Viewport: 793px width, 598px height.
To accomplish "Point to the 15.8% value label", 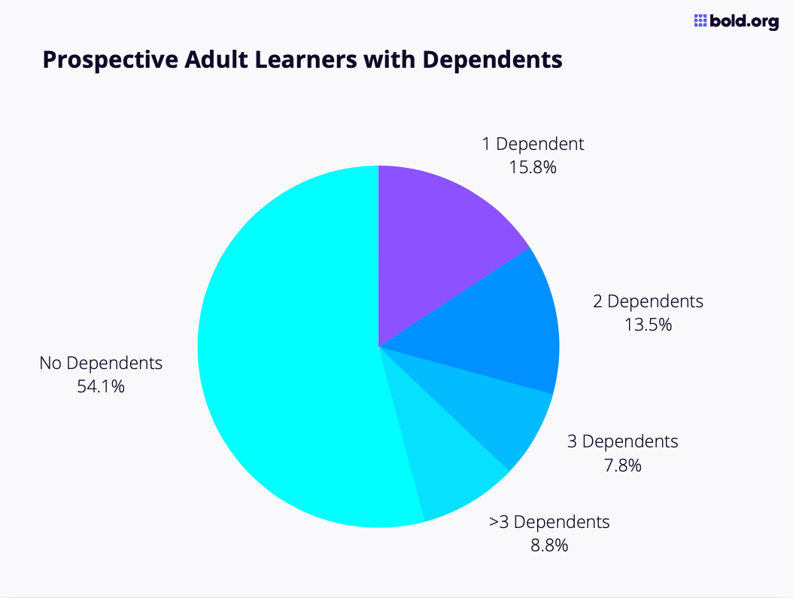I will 533,167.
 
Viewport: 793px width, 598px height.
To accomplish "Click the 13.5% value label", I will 648,325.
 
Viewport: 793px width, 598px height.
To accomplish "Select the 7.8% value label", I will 622,465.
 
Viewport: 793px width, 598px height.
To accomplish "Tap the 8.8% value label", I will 549,545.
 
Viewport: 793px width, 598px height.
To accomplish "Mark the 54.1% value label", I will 101,387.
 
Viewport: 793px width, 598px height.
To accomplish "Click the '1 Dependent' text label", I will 533,144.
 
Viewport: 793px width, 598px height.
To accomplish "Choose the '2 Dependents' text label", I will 648,301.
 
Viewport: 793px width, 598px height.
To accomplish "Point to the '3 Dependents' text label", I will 622,441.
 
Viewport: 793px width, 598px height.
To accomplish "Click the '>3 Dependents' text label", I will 549,521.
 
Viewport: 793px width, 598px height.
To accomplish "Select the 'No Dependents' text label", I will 101,363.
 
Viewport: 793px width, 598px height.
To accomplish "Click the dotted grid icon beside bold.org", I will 700,21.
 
